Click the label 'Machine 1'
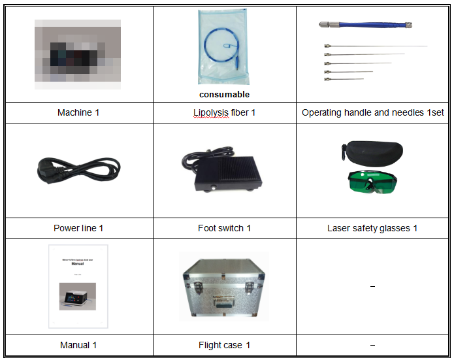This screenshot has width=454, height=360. click(x=78, y=112)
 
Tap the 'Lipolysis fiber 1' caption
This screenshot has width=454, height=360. click(x=224, y=112)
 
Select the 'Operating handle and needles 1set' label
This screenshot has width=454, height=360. click(x=372, y=112)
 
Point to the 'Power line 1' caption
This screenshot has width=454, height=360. click(x=78, y=228)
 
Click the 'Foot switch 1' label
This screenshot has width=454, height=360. click(x=224, y=228)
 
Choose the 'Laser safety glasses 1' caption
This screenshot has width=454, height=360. click(x=372, y=228)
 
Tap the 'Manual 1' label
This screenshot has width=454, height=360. click(x=78, y=344)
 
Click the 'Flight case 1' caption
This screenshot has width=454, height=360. click(x=224, y=344)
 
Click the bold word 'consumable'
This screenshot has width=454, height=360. click(x=224, y=94)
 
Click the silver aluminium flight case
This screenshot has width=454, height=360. click(x=224, y=286)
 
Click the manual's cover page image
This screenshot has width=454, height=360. click(x=78, y=286)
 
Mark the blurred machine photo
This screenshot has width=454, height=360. click(x=78, y=54)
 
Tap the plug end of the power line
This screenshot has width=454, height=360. click(x=47, y=171)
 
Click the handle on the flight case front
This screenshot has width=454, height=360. click(x=225, y=301)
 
